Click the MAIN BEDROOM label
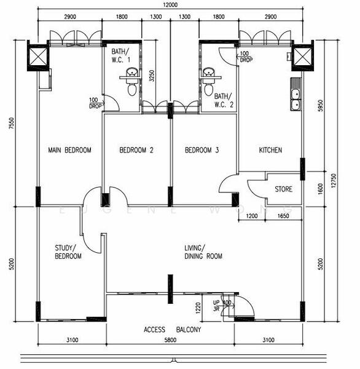pos(69,150)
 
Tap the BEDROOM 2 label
pos(136,150)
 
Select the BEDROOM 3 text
pos(202,150)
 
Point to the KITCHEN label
pos(270,150)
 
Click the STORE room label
pos(283,189)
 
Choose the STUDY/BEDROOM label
pos(68,252)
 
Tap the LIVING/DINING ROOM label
pos(203,252)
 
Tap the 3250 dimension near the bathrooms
pos(151,76)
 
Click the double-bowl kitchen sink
pos(295,98)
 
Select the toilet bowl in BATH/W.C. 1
pos(131,89)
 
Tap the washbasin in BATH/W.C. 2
pos(209,74)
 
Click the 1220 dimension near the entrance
pos(198,308)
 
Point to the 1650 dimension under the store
pos(283,216)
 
